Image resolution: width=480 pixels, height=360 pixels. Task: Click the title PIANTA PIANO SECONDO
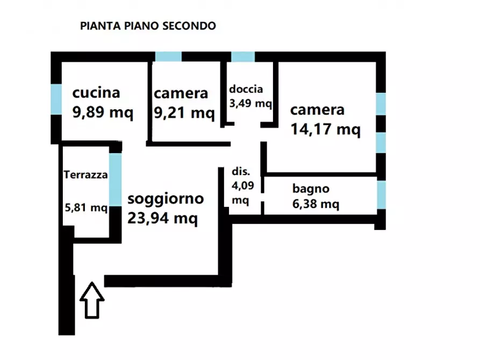tap(148, 26)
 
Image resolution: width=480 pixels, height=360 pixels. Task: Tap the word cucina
tap(96, 93)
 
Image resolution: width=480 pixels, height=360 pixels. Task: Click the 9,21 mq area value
tap(184, 113)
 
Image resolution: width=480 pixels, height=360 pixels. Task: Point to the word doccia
tap(246, 89)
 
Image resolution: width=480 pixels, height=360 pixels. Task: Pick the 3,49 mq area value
tap(250, 103)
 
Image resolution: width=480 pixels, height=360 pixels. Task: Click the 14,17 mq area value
tap(325, 129)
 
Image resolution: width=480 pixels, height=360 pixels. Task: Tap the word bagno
tap(311, 189)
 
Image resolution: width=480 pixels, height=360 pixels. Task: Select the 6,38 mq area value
tap(316, 204)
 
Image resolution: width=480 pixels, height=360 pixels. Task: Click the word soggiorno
tap(166, 199)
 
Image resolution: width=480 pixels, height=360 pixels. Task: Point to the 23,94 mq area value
tap(162, 218)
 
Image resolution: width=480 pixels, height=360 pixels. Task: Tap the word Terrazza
tap(86, 175)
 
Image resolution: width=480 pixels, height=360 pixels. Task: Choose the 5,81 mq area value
tap(85, 207)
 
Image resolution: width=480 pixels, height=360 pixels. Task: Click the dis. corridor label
tap(240, 172)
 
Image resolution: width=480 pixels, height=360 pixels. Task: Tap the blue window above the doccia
tap(242, 57)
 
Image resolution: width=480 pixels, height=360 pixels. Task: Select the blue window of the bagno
tap(381, 195)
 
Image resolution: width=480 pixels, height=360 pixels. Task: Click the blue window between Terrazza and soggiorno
tap(115, 179)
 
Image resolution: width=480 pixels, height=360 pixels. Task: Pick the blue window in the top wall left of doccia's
tap(168, 57)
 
